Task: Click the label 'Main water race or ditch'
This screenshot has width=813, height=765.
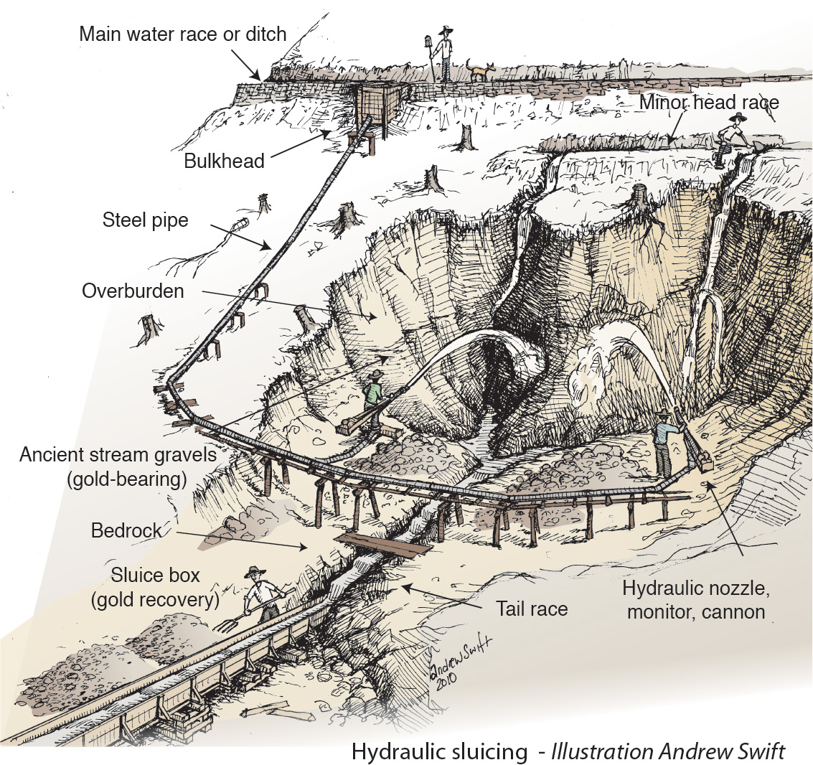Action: pos(183,34)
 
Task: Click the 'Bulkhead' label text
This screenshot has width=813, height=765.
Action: pos(224,160)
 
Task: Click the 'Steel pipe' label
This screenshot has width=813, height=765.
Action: pos(145,220)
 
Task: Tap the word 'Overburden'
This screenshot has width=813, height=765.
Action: pos(133,291)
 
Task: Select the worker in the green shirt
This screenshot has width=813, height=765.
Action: pos(372,395)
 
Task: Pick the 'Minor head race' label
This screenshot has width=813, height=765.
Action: pos(708,102)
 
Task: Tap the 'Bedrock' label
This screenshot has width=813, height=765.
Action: pos(126,531)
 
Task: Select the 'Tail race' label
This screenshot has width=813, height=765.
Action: pos(532,609)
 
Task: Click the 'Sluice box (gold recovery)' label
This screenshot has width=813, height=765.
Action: pos(155,588)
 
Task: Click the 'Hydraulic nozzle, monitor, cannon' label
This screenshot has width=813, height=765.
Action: pos(695,600)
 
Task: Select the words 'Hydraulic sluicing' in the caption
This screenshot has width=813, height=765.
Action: pos(438,751)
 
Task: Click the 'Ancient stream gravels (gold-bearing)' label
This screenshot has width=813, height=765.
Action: pos(118,466)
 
